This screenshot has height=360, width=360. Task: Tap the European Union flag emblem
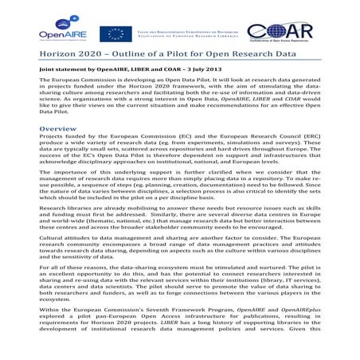pos(115,33)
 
